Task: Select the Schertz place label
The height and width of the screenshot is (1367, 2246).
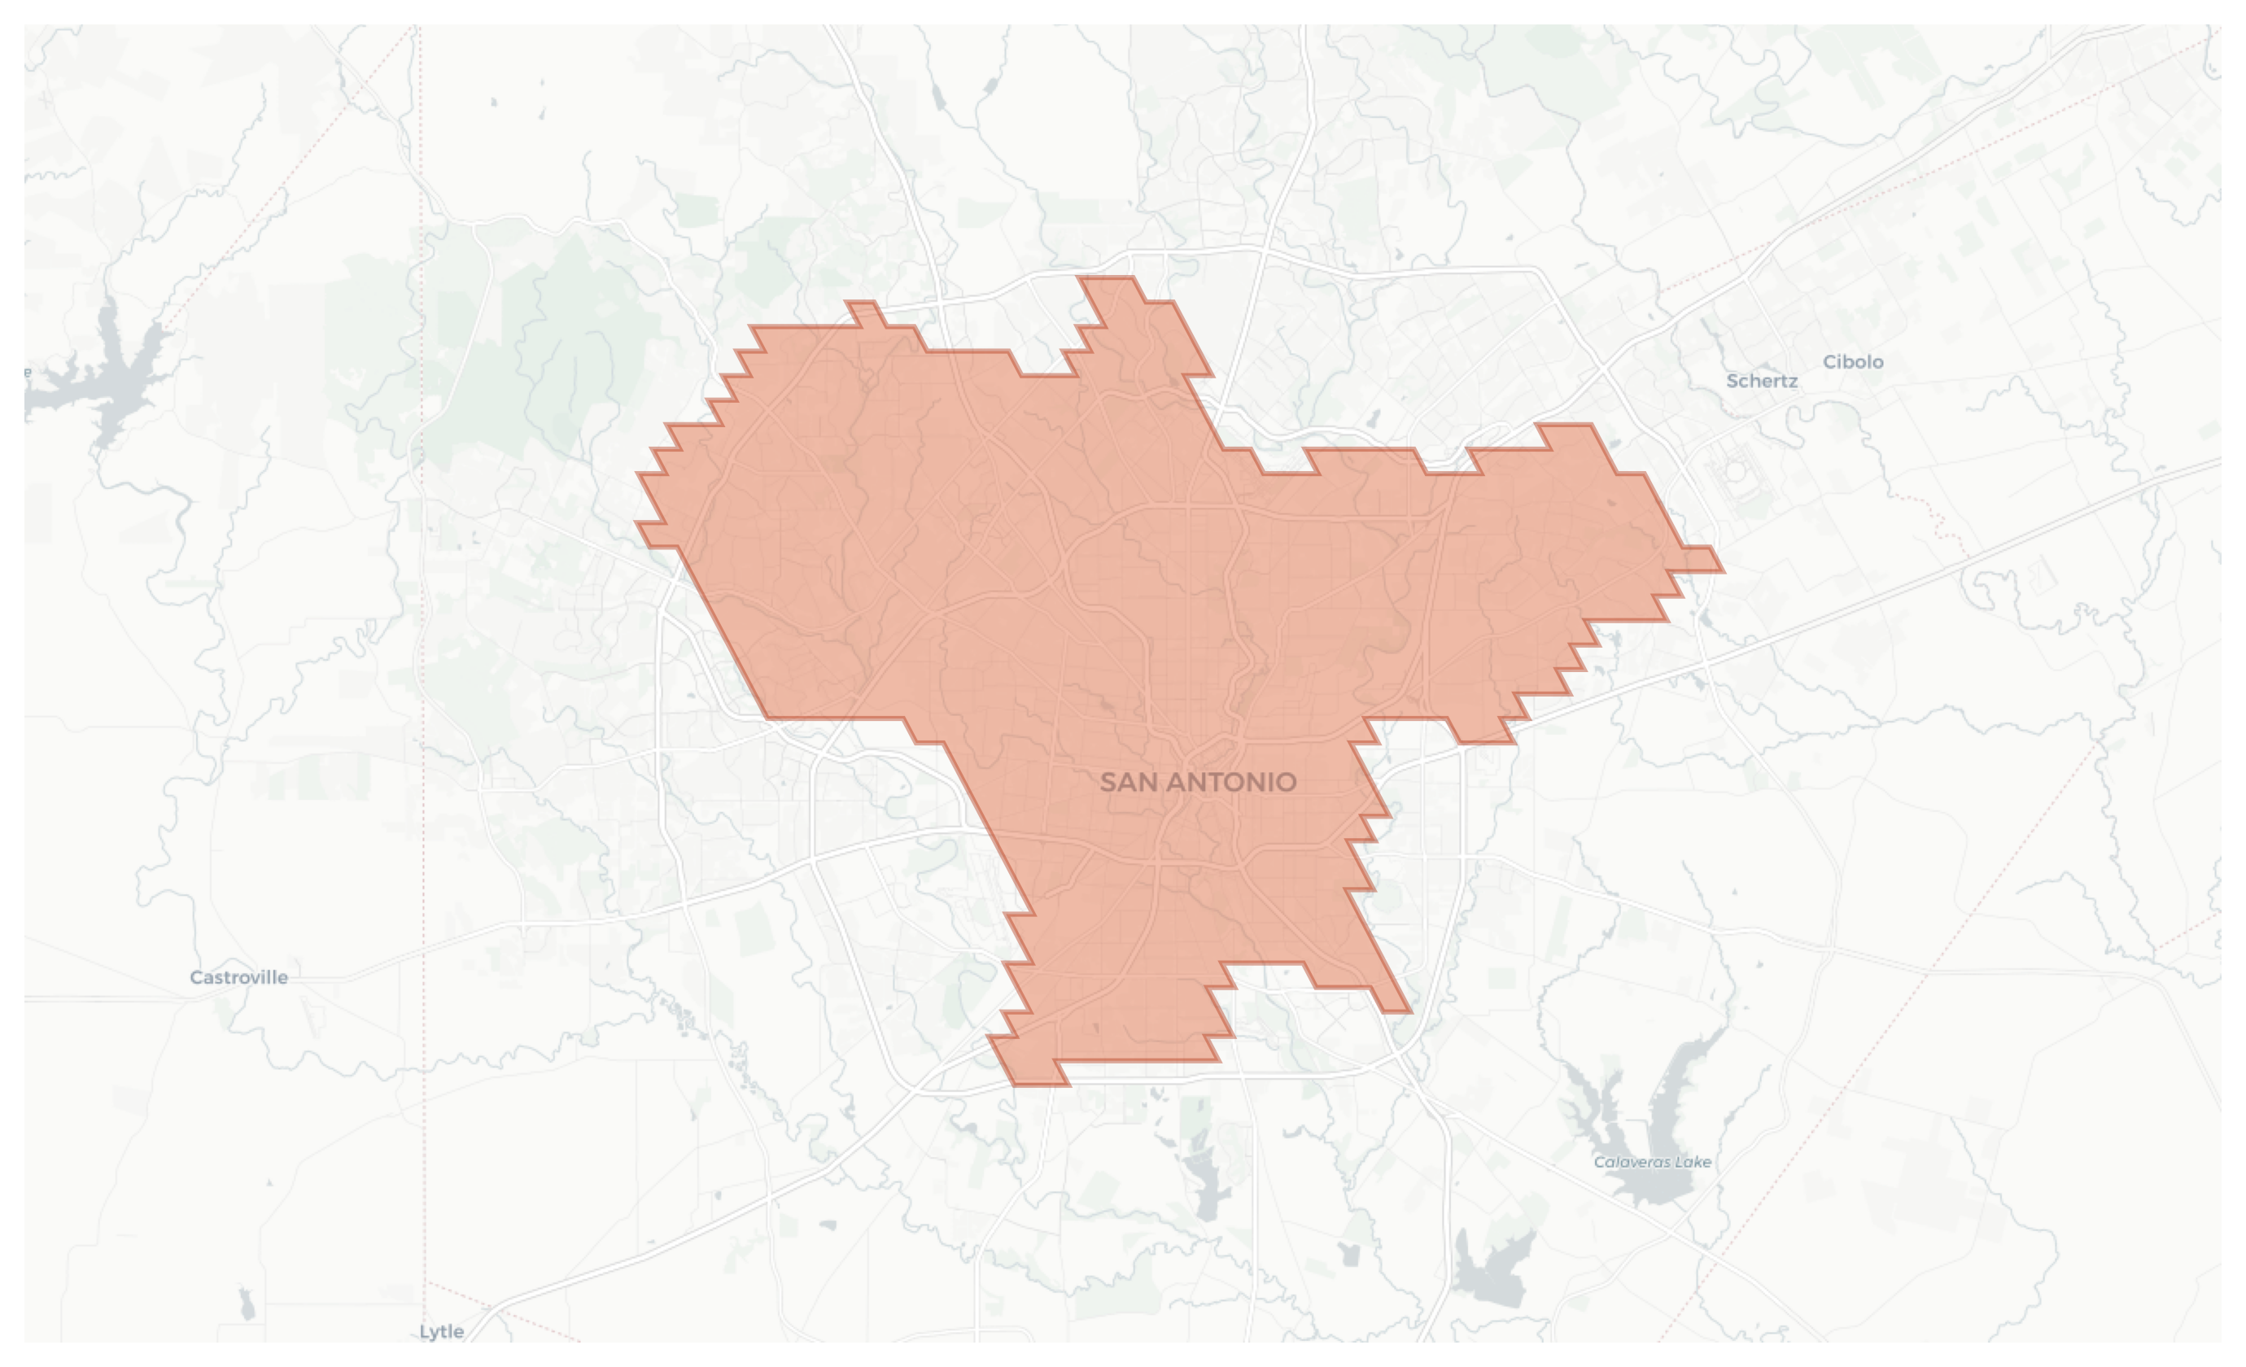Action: coord(1761,382)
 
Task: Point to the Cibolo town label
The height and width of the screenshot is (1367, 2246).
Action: coord(1852,362)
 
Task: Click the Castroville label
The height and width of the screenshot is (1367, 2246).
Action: coord(238,978)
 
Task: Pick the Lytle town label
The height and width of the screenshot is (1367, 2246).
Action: coord(441,1331)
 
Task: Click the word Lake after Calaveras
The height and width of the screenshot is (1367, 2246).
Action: coord(1693,1162)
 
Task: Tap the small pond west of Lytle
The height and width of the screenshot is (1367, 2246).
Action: coord(246,1305)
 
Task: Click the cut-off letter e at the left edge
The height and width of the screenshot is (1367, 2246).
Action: coord(28,372)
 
